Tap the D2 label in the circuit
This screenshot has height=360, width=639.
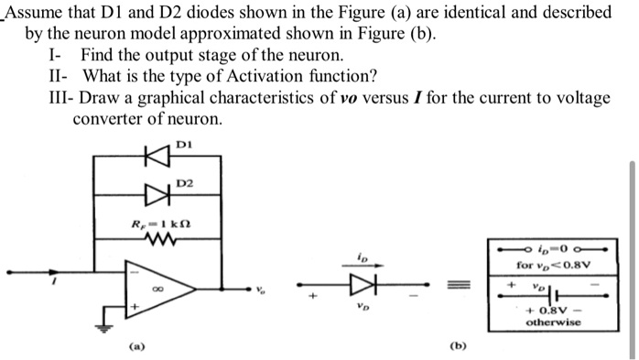[x=187, y=184]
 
